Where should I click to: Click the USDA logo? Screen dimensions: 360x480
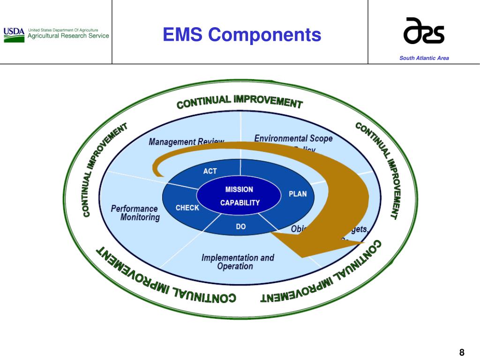coord(14,34)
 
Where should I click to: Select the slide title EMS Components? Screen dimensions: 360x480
coord(242,35)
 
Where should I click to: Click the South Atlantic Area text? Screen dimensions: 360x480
coord(424,58)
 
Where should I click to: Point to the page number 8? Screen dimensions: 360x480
coord(461,352)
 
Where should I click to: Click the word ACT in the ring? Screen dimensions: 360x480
coord(210,171)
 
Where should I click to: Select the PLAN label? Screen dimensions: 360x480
coord(297,194)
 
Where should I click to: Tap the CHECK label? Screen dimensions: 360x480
coord(187,208)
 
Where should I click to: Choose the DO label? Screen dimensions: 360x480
coord(240,226)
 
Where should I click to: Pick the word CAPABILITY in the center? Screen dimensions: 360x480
coord(240,203)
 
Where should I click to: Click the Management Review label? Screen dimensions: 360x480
coord(186,141)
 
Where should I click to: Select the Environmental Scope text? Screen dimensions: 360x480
coord(293,138)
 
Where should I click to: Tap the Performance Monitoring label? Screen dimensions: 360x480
coord(135,213)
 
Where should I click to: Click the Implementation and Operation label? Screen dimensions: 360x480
coord(237,262)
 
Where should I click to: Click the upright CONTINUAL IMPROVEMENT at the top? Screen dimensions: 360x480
coord(240,101)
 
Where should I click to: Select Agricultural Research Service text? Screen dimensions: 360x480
coord(68,36)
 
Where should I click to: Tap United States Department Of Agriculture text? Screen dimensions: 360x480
coord(63,29)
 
